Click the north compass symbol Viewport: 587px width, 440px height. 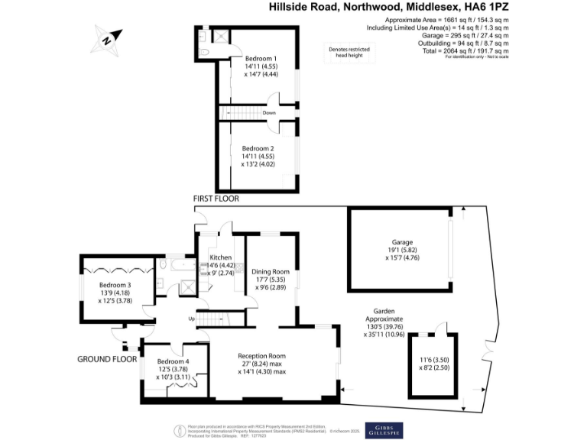pyautogui.click(x=108, y=39)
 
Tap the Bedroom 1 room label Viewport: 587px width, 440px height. pyautogui.click(x=261, y=59)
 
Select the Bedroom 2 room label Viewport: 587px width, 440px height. pyautogui.click(x=258, y=149)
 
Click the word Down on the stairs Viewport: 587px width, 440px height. pyautogui.click(x=268, y=113)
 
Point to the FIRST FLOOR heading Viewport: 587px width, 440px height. pyautogui.click(x=216, y=199)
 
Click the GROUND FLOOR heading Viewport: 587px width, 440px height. pyautogui.click(x=107, y=359)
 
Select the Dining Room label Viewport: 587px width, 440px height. pyautogui.click(x=271, y=271)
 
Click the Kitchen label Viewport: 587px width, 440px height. pyautogui.click(x=221, y=257)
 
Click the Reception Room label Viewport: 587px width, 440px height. pyautogui.click(x=261, y=356)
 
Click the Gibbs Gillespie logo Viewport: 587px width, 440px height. pyautogui.click(x=385, y=428)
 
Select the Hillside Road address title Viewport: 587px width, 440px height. pyautogui.click(x=390, y=8)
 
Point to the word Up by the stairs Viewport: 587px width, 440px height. pyautogui.click(x=192, y=319)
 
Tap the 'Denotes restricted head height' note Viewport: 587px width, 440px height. pyautogui.click(x=349, y=52)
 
